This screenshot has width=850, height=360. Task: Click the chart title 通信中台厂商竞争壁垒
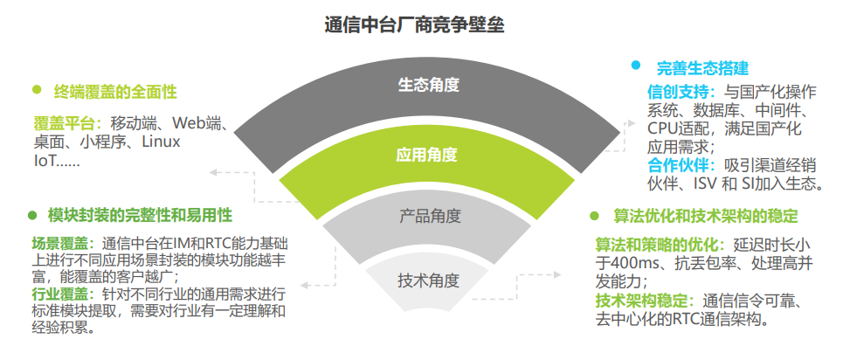click(x=415, y=25)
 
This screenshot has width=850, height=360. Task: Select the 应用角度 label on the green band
click(x=426, y=155)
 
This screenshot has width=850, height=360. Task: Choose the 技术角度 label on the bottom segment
click(x=429, y=280)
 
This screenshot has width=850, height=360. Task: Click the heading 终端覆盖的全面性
click(x=115, y=92)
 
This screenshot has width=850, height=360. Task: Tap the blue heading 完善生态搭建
click(x=702, y=68)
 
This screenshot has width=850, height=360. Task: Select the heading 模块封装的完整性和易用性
click(x=140, y=215)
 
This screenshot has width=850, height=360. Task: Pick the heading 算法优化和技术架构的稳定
click(x=705, y=216)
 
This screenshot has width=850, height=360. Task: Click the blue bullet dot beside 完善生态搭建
click(x=636, y=65)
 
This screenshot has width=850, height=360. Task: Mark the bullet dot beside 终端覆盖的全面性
click(x=37, y=89)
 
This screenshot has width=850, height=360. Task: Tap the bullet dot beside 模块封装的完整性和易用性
click(x=32, y=215)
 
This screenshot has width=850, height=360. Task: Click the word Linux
click(x=161, y=142)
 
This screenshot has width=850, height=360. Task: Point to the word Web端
click(x=197, y=123)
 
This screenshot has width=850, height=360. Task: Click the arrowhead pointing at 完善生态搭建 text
click(x=631, y=123)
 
